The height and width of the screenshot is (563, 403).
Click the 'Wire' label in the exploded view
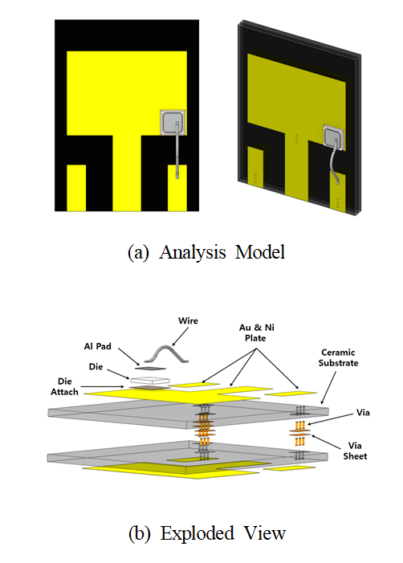(188, 320)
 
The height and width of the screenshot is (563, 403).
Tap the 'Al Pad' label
(98, 346)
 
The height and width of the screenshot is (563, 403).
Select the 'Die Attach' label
(64, 386)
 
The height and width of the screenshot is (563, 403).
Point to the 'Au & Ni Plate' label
(257, 332)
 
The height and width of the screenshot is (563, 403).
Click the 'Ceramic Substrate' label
(338, 357)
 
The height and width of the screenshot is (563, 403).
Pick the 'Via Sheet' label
(355, 451)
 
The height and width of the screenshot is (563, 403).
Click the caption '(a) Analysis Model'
(206, 252)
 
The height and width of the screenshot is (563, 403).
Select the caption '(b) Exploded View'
(207, 533)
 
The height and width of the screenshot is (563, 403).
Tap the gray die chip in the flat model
(173, 122)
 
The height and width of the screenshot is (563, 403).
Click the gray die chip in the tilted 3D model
(334, 137)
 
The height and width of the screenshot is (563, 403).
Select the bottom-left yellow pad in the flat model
(76, 188)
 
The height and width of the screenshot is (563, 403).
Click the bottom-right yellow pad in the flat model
(177, 188)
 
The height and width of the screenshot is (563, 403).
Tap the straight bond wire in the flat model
(177, 149)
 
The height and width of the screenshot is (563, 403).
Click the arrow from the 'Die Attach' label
(103, 386)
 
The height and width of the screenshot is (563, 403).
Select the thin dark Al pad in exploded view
(151, 369)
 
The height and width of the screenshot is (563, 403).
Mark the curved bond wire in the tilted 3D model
(336, 161)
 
